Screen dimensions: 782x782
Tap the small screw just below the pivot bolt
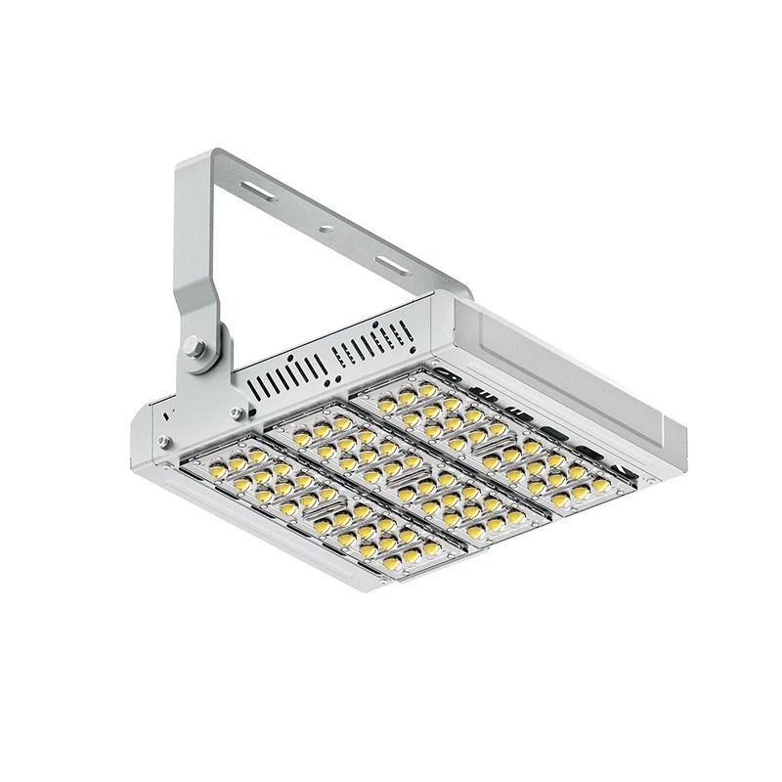(x=236, y=412)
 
